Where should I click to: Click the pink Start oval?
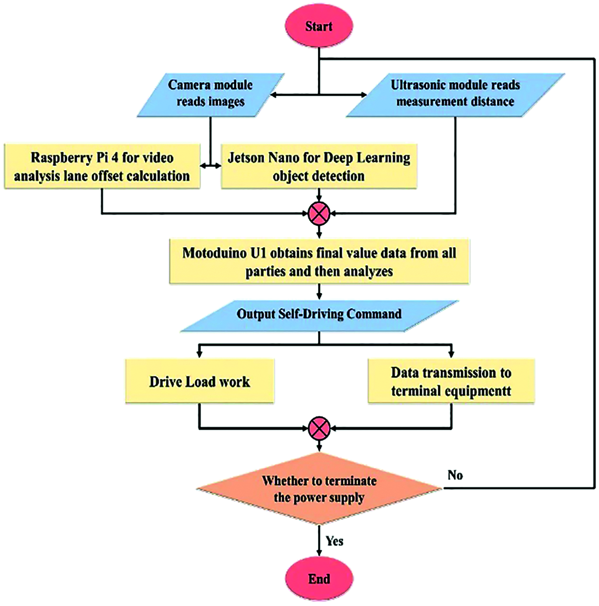coord(319,26)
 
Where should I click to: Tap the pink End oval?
coord(319,578)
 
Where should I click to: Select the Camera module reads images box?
coord(210,94)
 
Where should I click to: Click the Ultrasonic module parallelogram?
coord(455,94)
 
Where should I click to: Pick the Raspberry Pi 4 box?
coord(102,167)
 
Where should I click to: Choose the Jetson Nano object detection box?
coord(319,167)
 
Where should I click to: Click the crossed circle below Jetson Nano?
coord(319,213)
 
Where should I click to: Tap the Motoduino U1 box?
coord(319,262)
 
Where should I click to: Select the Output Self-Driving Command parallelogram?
coord(319,314)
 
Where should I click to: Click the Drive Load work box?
coord(200,381)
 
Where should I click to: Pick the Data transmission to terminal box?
coord(451,381)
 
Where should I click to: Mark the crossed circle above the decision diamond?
coord(319,428)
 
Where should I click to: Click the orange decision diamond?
coord(319,489)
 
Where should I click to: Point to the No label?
coord(455,475)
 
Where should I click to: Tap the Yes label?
coord(335,541)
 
